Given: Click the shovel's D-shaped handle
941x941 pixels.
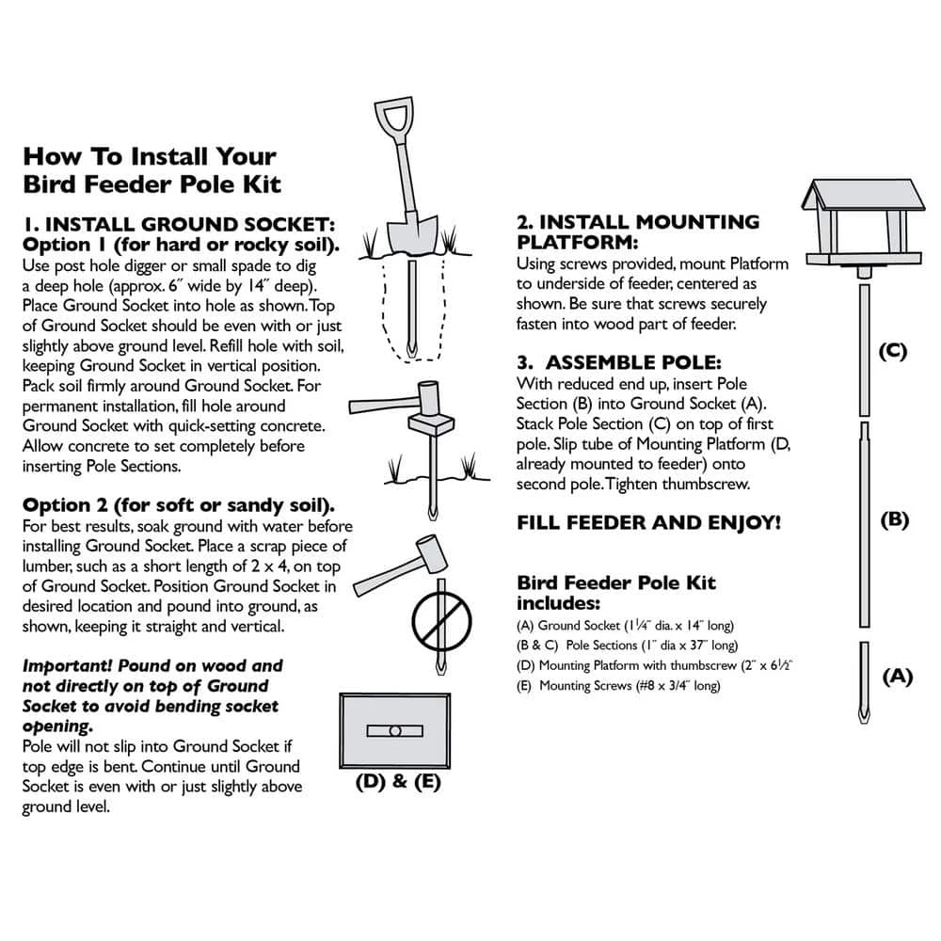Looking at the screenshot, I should click(392, 117).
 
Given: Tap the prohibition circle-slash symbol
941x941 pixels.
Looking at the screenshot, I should click(440, 622).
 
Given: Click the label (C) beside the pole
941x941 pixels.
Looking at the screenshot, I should click(891, 351).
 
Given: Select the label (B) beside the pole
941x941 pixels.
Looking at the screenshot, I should click(893, 518).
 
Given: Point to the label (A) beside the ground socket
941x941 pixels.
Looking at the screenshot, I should click(896, 675).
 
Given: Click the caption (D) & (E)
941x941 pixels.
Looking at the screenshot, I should click(398, 781).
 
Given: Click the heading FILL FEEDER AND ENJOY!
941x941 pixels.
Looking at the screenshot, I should click(648, 523).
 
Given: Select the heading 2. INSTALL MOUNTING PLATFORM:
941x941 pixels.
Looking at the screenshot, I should click(638, 232).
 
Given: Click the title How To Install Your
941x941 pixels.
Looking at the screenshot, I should click(150, 155).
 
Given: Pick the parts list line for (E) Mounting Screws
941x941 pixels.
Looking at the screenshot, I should click(618, 686).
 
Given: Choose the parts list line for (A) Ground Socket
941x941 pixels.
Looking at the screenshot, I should click(625, 625).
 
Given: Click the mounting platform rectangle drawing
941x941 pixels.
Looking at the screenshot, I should click(395, 731).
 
